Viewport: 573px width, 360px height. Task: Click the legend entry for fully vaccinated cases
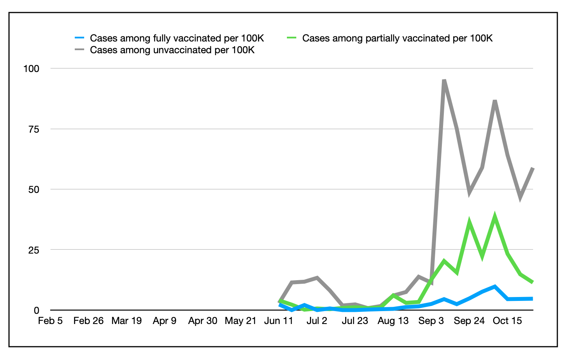click(x=177, y=38)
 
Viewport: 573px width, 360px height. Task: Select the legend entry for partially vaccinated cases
click(x=397, y=38)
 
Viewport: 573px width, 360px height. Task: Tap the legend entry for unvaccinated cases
click(x=172, y=50)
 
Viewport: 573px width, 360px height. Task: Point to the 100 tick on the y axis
click(x=32, y=69)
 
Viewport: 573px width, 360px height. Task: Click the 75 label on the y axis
click(x=34, y=129)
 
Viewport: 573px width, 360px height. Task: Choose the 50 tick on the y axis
click(x=34, y=189)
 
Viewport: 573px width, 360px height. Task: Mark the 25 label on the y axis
click(x=34, y=250)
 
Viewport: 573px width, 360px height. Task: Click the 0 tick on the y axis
click(x=36, y=310)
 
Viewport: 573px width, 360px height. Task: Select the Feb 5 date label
click(x=50, y=321)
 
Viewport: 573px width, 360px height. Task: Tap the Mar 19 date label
click(x=126, y=321)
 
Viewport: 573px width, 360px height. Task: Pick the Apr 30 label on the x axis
click(x=203, y=321)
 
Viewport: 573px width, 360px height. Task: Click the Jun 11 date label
click(x=279, y=321)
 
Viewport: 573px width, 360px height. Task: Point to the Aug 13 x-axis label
click(x=393, y=321)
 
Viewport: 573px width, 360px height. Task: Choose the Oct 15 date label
click(x=507, y=321)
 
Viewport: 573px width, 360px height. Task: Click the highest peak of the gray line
click(x=444, y=81)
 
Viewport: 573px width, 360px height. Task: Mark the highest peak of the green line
click(x=495, y=216)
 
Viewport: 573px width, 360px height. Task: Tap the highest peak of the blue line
click(x=495, y=286)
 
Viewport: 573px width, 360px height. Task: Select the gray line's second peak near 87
click(x=495, y=101)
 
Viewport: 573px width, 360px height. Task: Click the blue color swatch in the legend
click(x=79, y=38)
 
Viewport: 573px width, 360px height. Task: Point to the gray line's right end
click(x=532, y=168)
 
